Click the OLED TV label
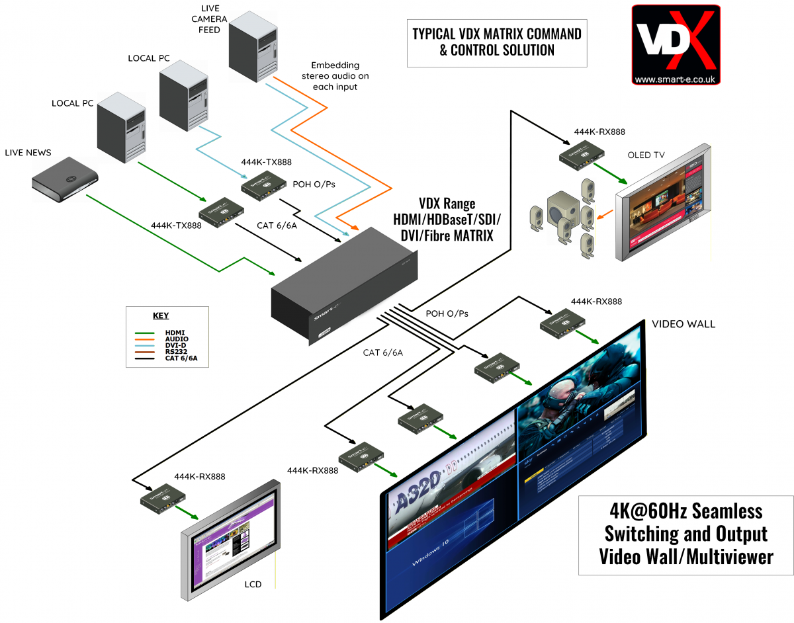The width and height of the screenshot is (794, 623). (x=646, y=155)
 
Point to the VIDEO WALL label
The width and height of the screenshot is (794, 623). (x=684, y=324)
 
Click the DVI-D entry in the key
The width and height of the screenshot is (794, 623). (x=177, y=345)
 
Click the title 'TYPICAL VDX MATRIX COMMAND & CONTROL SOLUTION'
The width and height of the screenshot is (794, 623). (x=496, y=41)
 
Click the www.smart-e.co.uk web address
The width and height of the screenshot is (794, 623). (x=676, y=80)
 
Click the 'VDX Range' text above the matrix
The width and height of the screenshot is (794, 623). (x=447, y=204)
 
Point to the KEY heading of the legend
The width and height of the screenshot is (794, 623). (x=161, y=315)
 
